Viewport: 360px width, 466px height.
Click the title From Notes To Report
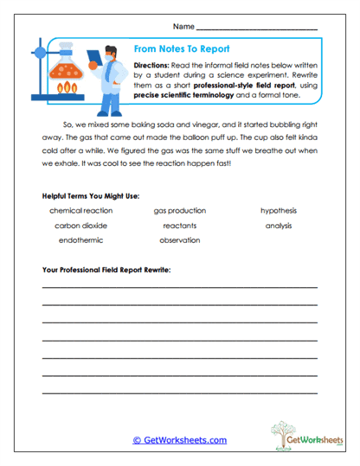tap(181, 50)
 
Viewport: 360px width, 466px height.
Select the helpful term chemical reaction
tap(81, 210)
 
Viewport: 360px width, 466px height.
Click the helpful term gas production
tap(180, 210)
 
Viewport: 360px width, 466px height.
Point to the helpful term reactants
tap(180, 225)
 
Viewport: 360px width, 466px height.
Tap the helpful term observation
tap(180, 240)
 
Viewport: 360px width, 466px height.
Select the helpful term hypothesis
tap(279, 210)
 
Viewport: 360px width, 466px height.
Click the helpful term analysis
tap(279, 225)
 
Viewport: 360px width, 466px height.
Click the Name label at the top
tap(183, 26)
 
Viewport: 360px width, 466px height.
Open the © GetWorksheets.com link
tap(180, 440)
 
